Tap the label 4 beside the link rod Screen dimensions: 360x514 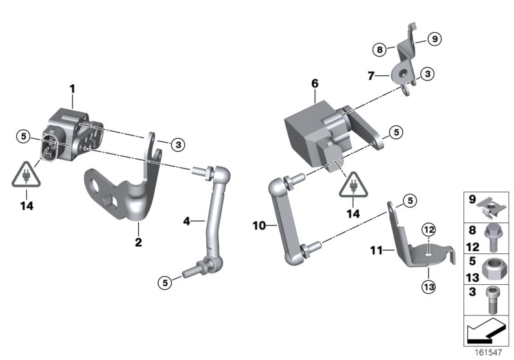[186, 221]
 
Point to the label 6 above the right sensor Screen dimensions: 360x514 [315, 84]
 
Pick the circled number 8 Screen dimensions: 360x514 [380, 49]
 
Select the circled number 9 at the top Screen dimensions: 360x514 [434, 39]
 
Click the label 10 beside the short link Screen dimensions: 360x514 [258, 226]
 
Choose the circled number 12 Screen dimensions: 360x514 [429, 230]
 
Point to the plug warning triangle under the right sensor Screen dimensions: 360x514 [353, 186]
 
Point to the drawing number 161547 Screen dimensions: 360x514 [490, 353]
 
